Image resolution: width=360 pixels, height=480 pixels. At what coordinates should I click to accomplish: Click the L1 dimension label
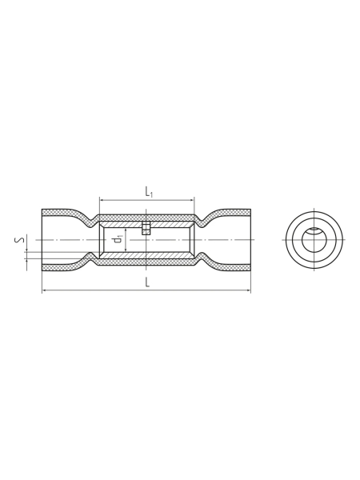point(149,192)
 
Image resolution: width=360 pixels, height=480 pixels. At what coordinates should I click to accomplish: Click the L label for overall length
point(147,282)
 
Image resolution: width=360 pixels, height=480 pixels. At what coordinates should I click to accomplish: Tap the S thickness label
point(19,241)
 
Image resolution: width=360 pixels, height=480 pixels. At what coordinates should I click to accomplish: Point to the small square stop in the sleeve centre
point(146,228)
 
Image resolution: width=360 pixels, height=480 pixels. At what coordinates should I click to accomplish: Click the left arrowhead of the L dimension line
point(44,290)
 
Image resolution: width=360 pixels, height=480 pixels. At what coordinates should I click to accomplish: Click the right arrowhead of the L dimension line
point(249,290)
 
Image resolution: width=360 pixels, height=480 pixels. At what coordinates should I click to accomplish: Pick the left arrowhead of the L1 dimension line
point(102,200)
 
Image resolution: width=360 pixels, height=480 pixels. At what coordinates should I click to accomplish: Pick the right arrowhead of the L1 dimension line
point(192,200)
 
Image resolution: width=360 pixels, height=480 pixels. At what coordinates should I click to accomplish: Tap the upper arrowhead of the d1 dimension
point(126,230)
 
